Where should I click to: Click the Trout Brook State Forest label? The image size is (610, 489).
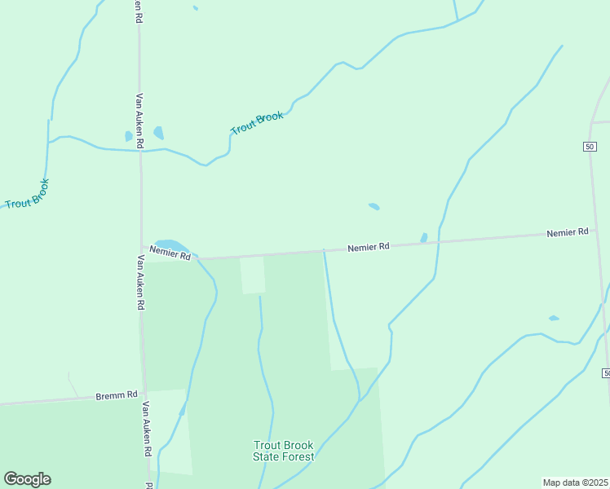[x=283, y=451]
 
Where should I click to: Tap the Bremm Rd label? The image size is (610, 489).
[x=116, y=394]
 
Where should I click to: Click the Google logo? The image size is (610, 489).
[x=27, y=479]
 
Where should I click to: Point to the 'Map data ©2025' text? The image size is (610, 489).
[x=575, y=482]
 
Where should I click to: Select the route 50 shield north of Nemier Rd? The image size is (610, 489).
[x=590, y=146]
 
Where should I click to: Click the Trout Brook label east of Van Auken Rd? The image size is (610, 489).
[x=257, y=123]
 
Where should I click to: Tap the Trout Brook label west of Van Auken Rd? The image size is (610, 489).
[x=27, y=193]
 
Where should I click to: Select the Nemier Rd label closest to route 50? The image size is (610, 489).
[x=567, y=232]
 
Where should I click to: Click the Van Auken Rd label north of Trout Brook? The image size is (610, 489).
[x=140, y=119]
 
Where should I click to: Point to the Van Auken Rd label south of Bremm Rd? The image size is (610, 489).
[x=147, y=428]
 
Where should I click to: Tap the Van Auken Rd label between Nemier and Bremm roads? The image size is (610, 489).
[x=140, y=282]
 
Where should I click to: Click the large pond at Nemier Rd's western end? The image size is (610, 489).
[x=171, y=244]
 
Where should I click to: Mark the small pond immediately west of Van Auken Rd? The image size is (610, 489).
[x=128, y=136]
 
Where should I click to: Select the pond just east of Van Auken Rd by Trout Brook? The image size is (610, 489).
[x=158, y=132]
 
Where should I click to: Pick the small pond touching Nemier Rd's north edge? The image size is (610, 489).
[x=423, y=237]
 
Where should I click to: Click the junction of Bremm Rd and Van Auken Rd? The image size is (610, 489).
[x=144, y=393]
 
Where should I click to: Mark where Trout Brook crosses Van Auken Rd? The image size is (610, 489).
[x=140, y=150]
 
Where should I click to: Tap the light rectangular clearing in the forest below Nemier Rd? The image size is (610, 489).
[x=252, y=275]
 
